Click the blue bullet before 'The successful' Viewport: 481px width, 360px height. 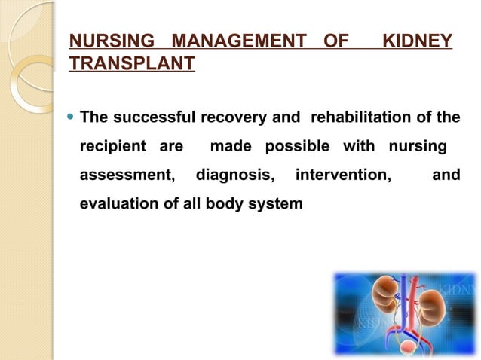point(71,117)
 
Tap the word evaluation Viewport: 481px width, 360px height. point(116,203)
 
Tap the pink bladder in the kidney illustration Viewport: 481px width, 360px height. point(408,348)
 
